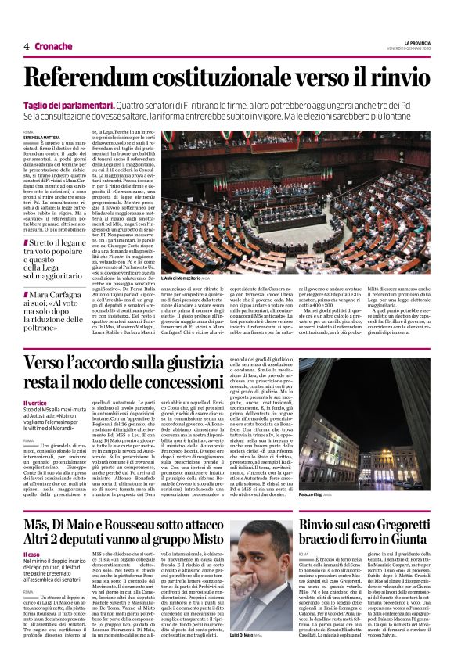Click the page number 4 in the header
27,46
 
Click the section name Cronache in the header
53,46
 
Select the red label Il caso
31,533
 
